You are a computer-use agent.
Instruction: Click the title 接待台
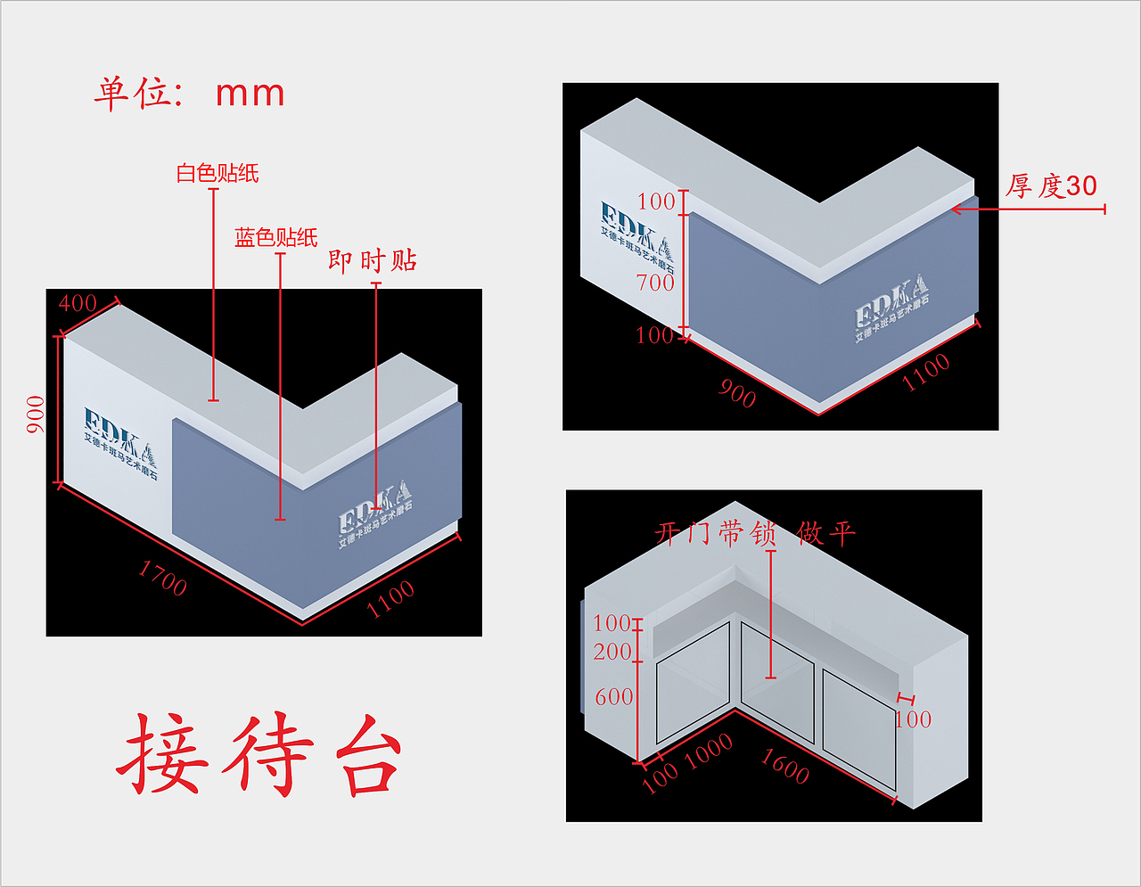coord(259,753)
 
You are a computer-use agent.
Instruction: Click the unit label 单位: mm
coord(189,93)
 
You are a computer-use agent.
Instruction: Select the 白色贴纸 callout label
coord(218,173)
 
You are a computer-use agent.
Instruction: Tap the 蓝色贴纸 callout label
coord(275,237)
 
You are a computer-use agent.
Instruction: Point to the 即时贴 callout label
coord(372,260)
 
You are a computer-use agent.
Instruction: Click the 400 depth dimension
coord(78,303)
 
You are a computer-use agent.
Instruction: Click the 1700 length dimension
coord(162,578)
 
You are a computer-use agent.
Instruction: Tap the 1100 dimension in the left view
coord(390,598)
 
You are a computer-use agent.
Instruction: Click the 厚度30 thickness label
coord(1052,186)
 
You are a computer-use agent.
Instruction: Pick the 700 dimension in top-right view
coord(655,283)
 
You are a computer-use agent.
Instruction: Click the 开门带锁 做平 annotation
coord(755,533)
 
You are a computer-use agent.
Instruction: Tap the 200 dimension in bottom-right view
coord(612,652)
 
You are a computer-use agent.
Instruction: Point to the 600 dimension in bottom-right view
coord(613,696)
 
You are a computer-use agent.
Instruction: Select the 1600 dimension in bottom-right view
coord(784,766)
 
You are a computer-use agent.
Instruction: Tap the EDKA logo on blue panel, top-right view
coord(891,308)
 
